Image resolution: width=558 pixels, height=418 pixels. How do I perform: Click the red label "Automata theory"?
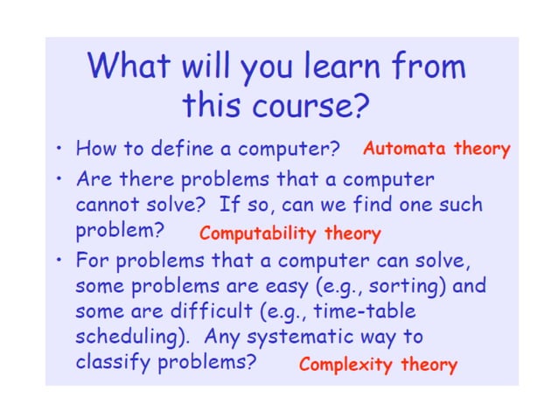(436, 149)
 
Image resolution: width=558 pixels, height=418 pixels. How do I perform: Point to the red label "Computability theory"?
(289, 233)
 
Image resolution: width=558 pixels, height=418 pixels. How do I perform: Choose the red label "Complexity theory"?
(378, 365)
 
